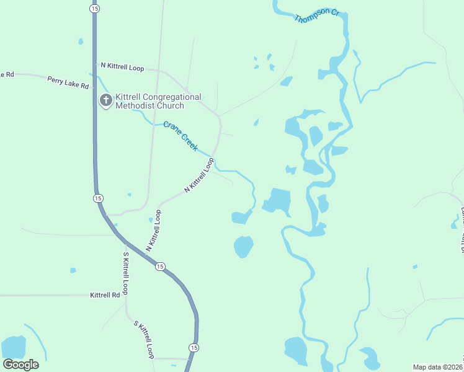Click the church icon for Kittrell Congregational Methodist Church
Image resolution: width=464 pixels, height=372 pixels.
pos(106,100)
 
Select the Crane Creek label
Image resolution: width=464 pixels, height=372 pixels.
pos(181,136)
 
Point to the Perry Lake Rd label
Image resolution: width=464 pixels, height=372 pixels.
pos(68,82)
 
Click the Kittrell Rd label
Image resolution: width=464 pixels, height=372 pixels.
pos(105,295)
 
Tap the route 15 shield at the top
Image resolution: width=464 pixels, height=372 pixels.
pos(94,9)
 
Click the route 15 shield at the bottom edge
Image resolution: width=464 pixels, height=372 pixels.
pos(194,348)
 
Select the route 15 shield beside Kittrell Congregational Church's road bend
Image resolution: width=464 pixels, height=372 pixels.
pos(98,198)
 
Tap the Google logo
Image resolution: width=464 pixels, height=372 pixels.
pos(20,365)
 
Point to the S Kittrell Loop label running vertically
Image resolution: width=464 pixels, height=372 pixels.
pos(125,273)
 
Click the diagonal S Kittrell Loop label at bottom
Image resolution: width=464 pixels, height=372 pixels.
pos(144,340)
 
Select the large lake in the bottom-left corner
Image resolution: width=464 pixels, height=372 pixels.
pos(14,348)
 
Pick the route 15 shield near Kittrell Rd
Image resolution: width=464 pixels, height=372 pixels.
pos(160,266)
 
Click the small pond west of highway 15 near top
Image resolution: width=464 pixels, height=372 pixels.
pos(81,42)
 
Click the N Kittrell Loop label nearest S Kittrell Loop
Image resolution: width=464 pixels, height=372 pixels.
pos(153,231)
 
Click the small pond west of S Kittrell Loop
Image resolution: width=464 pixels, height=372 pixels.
pos(73,270)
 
